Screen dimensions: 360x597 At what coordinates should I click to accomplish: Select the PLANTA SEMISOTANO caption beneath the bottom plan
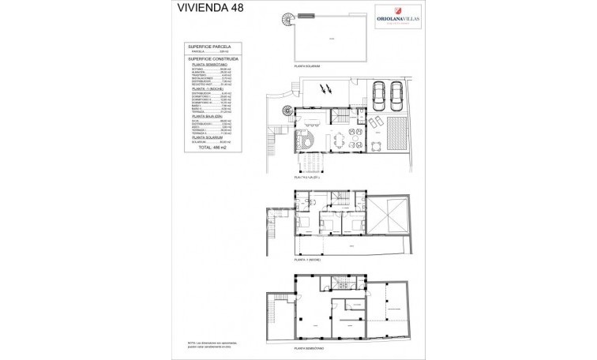click(310, 347)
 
